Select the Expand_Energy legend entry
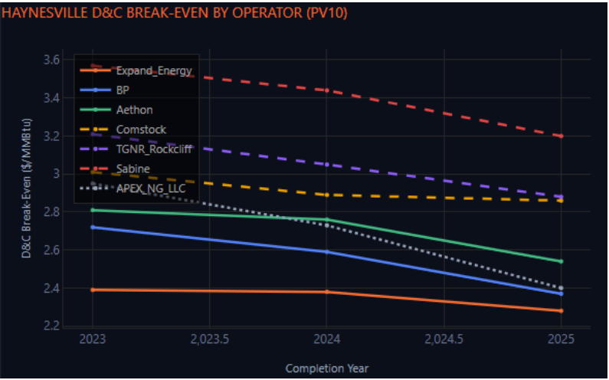click(x=153, y=71)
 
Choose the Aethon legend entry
click(x=135, y=110)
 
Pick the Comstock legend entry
click(x=141, y=129)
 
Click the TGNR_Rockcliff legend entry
click(x=153, y=149)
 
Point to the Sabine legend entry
click(x=132, y=168)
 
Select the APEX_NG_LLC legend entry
click(x=150, y=188)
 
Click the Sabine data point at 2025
click(x=562, y=136)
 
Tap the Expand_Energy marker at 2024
click(x=327, y=292)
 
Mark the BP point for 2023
click(x=93, y=228)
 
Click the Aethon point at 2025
click(x=562, y=261)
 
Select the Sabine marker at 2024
click(x=327, y=90)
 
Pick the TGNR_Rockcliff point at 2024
click(x=327, y=165)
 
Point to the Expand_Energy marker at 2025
click(x=562, y=311)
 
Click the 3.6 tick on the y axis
click(x=51, y=60)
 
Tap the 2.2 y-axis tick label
click(x=51, y=326)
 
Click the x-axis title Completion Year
click(x=327, y=369)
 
